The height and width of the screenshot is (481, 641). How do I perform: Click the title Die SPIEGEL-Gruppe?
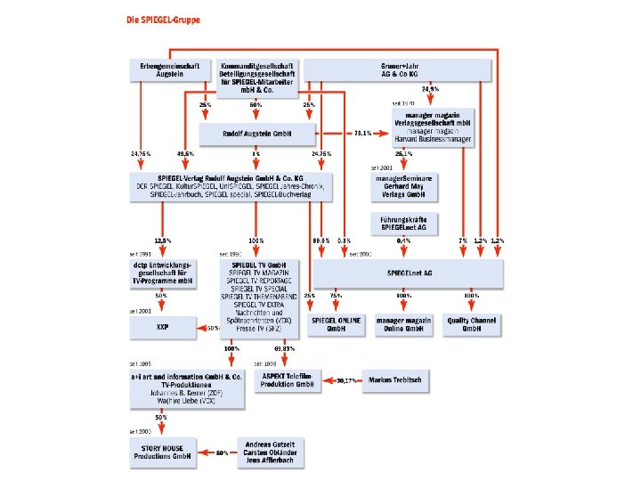[163, 19]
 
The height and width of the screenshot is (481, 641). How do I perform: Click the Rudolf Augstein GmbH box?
[257, 135]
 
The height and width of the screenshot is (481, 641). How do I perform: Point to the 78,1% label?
[362, 134]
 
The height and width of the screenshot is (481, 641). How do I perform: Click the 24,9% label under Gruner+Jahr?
[430, 90]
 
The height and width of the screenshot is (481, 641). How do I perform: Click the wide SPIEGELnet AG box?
[407, 271]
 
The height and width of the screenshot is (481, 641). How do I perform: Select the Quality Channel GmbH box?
[472, 324]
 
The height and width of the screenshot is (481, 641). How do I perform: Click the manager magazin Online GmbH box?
[404, 324]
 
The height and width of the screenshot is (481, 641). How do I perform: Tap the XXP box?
[162, 328]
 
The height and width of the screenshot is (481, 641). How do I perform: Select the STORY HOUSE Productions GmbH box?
[162, 452]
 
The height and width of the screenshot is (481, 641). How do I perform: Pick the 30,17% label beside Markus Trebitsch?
[346, 380]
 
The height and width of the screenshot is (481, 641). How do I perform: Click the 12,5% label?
[162, 240]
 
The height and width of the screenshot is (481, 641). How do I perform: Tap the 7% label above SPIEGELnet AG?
[462, 240]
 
